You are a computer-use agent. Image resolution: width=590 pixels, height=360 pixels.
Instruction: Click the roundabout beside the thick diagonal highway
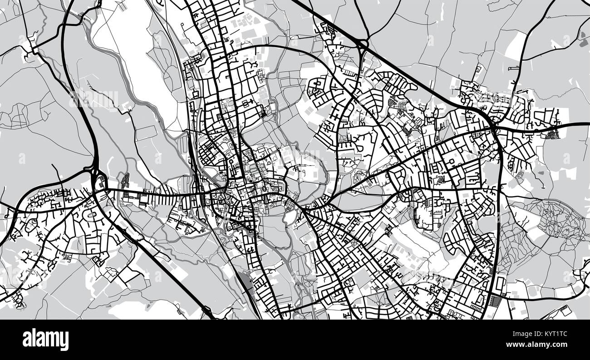coord(363,44)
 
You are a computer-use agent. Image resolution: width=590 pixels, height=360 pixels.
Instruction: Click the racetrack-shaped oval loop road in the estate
coord(90,215)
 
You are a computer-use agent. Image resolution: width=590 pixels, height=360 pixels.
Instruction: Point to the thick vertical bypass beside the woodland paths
coord(499,204)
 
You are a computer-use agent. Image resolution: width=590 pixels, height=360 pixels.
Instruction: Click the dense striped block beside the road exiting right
coord(553,133)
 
